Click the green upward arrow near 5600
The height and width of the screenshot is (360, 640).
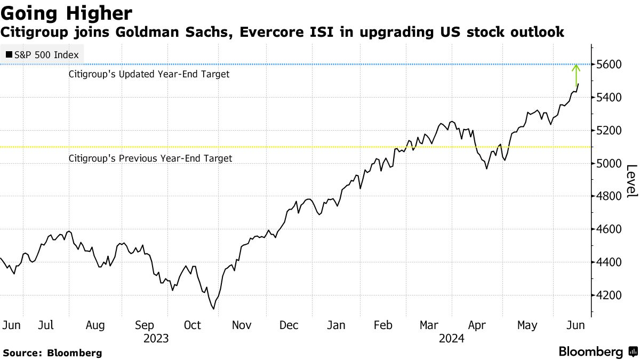(576, 75)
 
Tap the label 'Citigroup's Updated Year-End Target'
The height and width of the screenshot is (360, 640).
(149, 75)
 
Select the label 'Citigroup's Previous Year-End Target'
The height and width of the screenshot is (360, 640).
(150, 158)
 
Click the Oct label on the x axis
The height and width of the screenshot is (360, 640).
(193, 325)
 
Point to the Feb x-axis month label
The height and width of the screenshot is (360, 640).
(383, 325)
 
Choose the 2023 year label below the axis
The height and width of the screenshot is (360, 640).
(156, 338)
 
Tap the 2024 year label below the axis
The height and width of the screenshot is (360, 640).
(452, 338)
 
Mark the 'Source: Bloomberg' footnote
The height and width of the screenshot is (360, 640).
(52, 353)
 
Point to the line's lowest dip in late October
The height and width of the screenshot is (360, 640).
(213, 308)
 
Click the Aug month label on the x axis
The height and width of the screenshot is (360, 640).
(95, 325)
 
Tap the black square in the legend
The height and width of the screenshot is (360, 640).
(9, 54)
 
